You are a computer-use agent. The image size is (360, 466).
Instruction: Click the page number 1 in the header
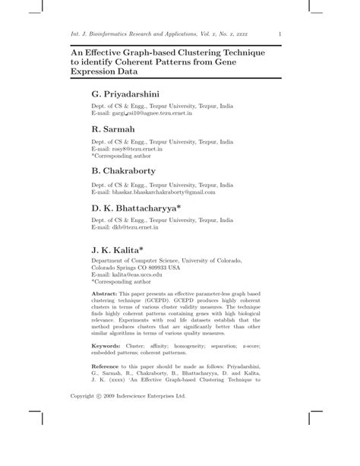click(281, 33)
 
